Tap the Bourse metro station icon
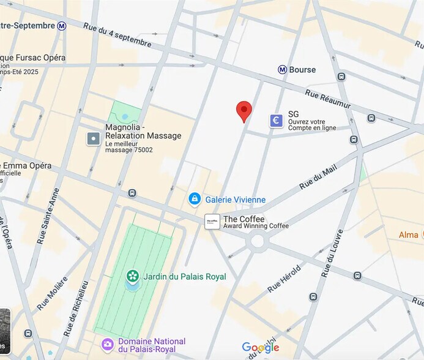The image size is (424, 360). (x=282, y=70)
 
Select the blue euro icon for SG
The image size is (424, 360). (x=277, y=121)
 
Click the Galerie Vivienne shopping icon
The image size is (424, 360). (x=195, y=199)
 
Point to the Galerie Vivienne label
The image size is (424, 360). (x=236, y=200)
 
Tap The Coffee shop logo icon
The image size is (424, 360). (x=212, y=222)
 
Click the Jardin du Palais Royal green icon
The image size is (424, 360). (x=132, y=277)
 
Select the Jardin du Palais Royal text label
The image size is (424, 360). (x=184, y=277)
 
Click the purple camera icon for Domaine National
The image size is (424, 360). (x=108, y=345)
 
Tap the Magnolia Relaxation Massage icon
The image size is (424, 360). (x=93, y=139)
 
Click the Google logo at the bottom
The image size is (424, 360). (x=261, y=348)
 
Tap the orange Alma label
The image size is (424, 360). (x=409, y=235)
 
